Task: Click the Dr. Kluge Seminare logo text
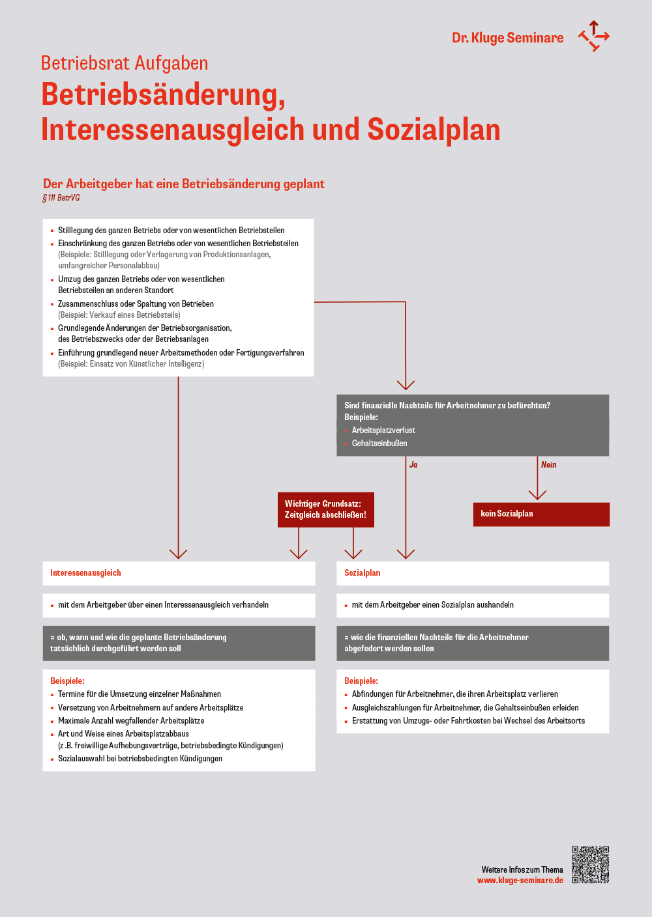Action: [507, 38]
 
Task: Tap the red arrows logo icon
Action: [593, 36]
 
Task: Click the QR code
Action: [590, 865]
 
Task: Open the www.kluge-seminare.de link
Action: [520, 881]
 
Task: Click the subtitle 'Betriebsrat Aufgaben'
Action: [125, 63]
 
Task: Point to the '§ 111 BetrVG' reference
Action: [61, 198]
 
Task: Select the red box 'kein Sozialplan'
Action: [541, 514]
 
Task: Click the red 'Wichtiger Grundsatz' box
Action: [325, 509]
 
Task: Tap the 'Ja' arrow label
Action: [413, 465]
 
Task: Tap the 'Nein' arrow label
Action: [548, 465]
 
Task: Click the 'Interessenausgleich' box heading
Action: [85, 573]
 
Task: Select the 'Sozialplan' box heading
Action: [363, 573]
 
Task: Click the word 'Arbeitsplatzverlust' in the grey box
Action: [383, 430]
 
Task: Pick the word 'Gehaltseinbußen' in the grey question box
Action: [379, 444]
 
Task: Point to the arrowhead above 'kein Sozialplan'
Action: [537, 494]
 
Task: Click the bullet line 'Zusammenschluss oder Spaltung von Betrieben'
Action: [136, 304]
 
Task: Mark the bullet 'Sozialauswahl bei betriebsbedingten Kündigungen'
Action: [140, 759]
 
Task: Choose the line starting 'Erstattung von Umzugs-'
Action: [468, 721]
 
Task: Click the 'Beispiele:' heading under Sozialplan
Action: [361, 681]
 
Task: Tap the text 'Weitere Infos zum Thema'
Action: [522, 870]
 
